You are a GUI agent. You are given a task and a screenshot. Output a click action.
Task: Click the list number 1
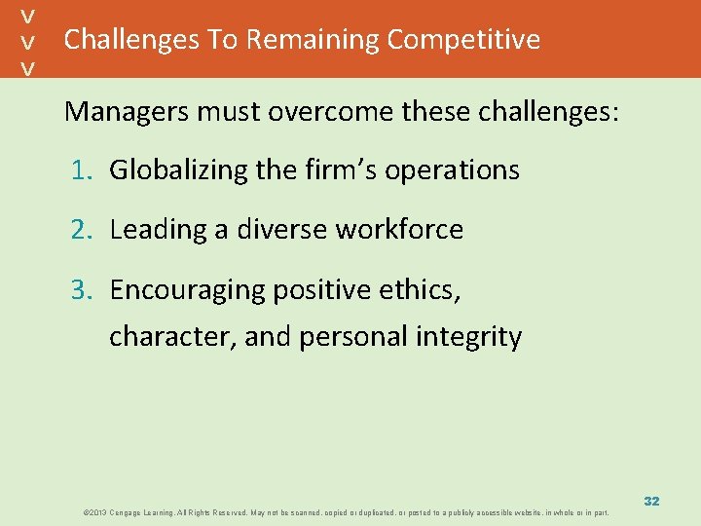coord(80,170)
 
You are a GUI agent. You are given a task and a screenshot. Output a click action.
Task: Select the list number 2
coord(80,231)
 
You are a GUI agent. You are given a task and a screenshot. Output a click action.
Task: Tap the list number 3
coord(80,290)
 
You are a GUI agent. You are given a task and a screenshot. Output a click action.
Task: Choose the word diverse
coord(282,231)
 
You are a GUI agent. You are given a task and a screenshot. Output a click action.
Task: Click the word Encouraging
coord(188,290)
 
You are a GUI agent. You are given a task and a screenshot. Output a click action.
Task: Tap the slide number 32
coord(651,501)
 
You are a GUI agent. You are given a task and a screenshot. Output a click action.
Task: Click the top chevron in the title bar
coord(30,16)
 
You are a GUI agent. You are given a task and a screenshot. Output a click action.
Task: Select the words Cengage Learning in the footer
coord(133,512)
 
